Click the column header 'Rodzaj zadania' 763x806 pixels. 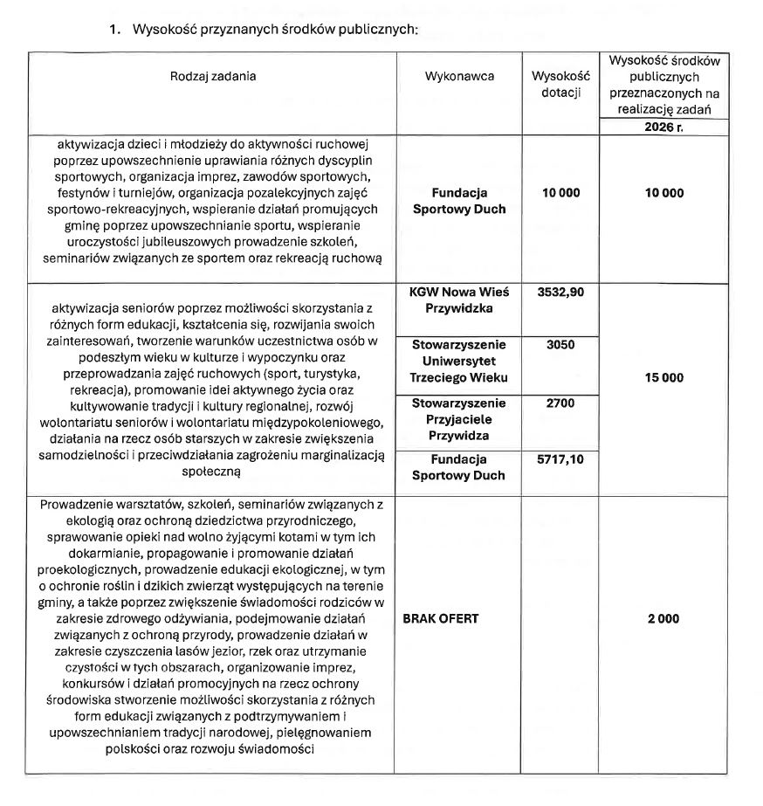[x=213, y=76]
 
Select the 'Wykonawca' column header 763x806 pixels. [x=459, y=76]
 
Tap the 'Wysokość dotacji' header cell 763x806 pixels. [x=560, y=85]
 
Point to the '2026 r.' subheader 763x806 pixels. [x=664, y=127]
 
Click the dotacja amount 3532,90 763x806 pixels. [x=560, y=293]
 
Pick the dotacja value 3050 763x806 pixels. [x=560, y=345]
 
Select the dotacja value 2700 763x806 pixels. [x=560, y=403]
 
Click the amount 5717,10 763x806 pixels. [x=560, y=459]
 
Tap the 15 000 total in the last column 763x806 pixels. [x=664, y=378]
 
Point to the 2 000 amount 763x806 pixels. [x=664, y=618]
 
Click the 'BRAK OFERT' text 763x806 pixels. [x=441, y=618]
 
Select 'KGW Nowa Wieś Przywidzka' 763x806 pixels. [x=459, y=300]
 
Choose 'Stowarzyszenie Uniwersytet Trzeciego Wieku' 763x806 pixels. [x=459, y=362]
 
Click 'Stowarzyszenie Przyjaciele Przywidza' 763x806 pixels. [x=459, y=419]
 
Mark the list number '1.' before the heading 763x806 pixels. [x=114, y=29]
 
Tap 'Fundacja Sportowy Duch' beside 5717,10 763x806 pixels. [x=459, y=467]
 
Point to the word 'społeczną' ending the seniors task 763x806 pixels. [x=213, y=469]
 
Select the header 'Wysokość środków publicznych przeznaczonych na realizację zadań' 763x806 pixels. [x=664, y=85]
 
